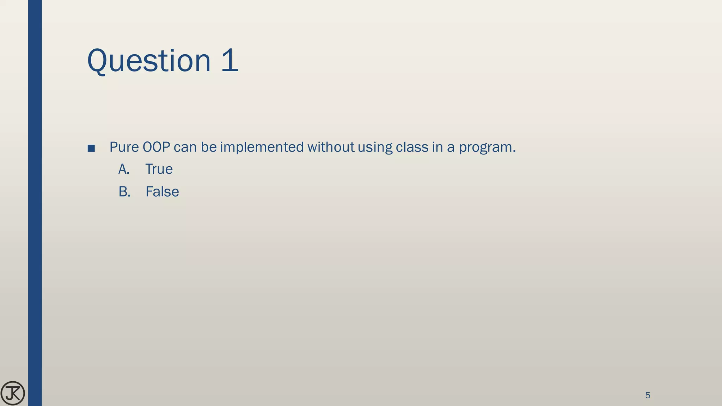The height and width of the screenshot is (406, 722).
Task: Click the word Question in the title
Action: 149,61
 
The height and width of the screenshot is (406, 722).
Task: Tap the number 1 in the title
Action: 230,61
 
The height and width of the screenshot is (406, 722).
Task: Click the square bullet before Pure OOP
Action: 91,148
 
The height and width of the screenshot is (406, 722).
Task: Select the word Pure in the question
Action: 124,147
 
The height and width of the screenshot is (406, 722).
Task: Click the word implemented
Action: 262,147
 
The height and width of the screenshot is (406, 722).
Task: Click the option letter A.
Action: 124,169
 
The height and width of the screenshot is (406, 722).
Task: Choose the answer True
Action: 159,169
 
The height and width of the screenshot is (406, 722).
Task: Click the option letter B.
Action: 124,192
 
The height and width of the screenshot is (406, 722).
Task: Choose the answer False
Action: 162,192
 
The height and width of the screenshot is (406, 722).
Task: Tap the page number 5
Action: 648,395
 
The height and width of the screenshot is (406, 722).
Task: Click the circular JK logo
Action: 13,393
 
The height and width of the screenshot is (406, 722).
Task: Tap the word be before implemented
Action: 209,147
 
